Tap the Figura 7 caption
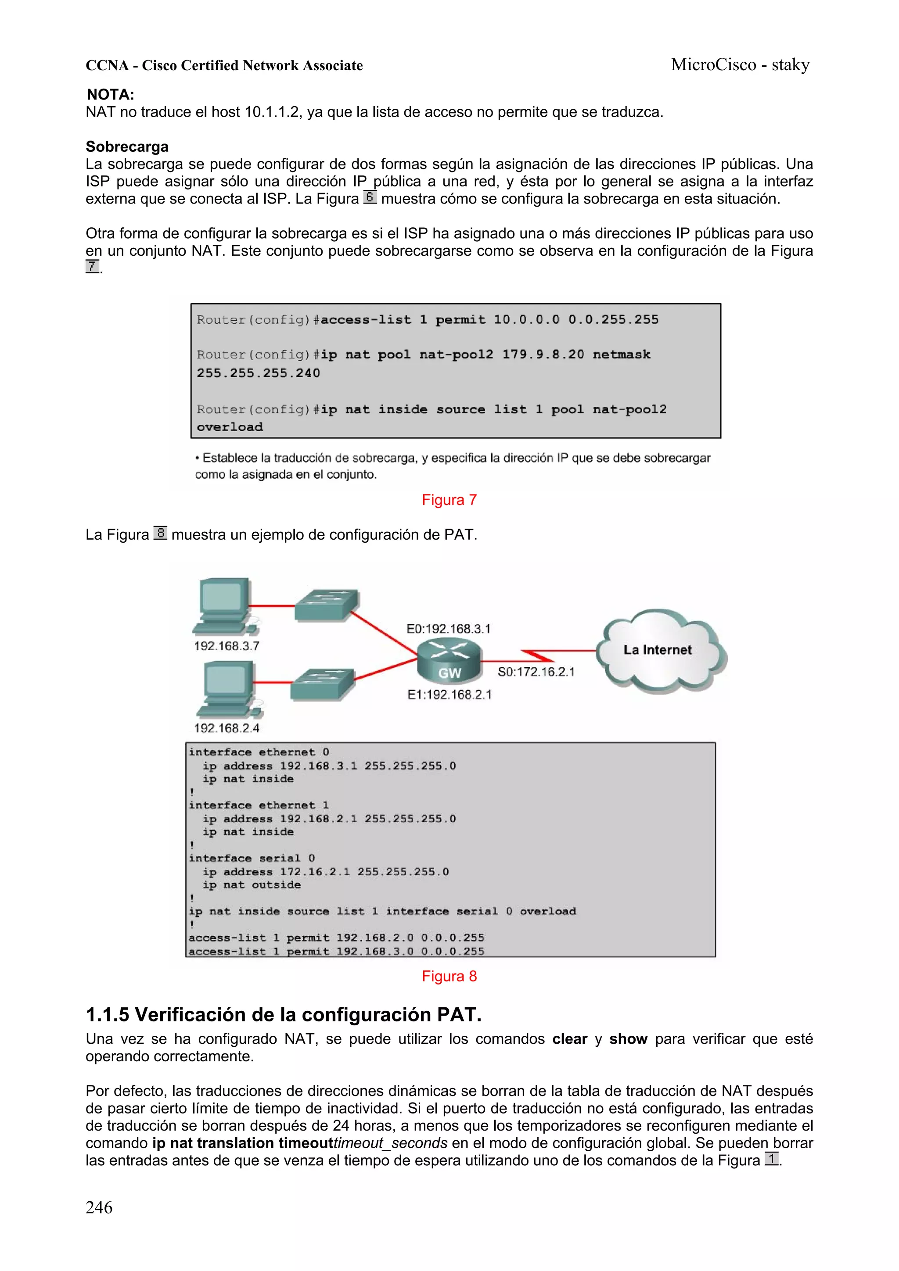[449, 500]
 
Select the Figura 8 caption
[449, 976]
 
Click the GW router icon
[449, 660]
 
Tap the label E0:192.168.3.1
[448, 629]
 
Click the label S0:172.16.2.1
[536, 672]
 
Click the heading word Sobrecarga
[127, 147]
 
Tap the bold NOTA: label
[110, 95]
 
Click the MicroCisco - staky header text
[740, 65]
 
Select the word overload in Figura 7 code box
[230, 427]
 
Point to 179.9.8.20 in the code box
[543, 354]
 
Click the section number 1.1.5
[108, 1015]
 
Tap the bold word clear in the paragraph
[569, 1039]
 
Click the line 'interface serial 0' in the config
[252, 858]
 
